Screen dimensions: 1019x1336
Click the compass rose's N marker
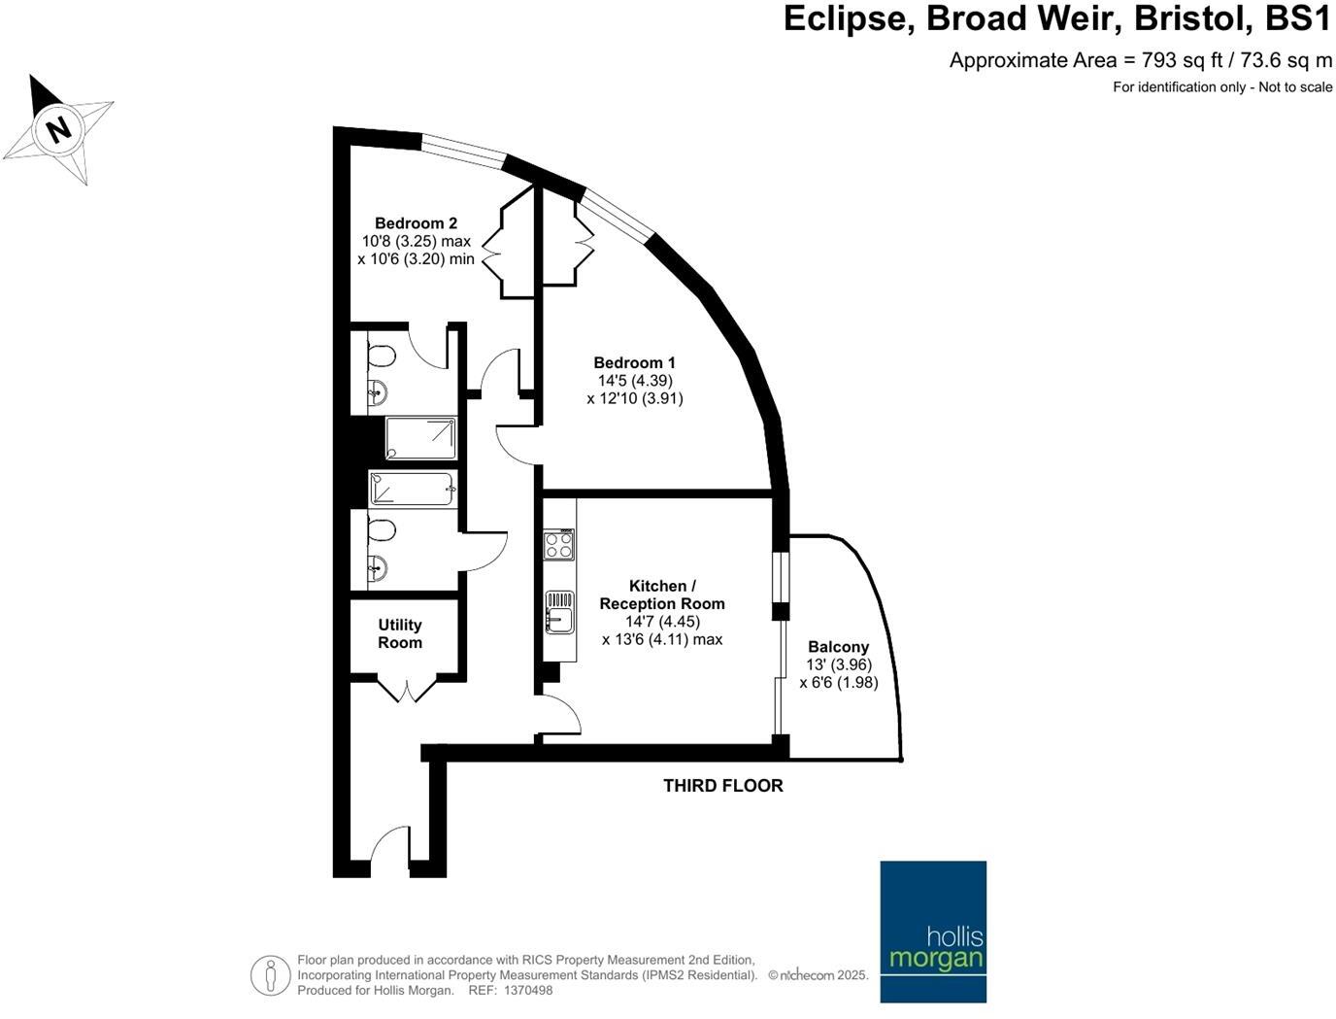[59, 128]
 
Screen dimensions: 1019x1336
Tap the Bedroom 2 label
[416, 223]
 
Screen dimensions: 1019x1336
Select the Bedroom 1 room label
[634, 363]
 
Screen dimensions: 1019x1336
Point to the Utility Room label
[400, 633]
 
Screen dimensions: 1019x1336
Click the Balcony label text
[838, 647]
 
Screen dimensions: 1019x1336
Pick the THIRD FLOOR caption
[722, 786]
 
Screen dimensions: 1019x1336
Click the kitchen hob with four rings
[559, 544]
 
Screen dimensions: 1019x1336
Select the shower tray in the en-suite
[420, 438]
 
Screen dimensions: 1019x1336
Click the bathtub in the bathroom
[412, 489]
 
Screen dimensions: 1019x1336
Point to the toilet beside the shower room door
[382, 357]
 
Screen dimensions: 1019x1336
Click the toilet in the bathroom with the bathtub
[382, 530]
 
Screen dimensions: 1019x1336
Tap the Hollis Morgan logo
[933, 932]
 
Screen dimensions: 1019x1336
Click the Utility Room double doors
[408, 689]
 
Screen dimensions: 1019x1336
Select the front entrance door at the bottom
[390, 842]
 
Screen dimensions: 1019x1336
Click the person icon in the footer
[271, 975]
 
